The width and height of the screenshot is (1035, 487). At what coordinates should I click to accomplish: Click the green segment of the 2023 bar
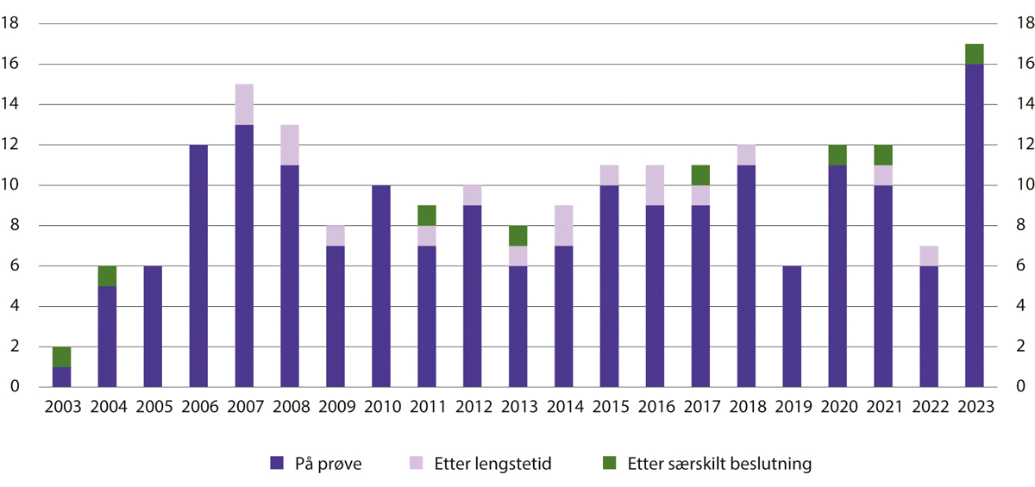974,54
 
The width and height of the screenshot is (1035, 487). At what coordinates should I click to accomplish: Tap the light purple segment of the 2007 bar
244,104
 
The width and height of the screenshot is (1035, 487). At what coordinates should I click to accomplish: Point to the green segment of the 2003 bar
62,357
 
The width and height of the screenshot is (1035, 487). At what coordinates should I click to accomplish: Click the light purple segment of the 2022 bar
929,256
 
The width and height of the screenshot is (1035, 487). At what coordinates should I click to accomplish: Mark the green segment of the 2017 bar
700,175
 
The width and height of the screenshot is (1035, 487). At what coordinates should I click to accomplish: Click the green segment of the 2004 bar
108,276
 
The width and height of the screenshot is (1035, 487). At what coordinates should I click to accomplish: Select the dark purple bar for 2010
381,286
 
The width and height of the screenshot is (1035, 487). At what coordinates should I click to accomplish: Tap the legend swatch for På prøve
277,463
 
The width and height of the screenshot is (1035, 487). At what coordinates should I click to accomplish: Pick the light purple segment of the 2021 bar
883,175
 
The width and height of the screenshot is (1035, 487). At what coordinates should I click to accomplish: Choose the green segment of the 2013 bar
517,235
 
